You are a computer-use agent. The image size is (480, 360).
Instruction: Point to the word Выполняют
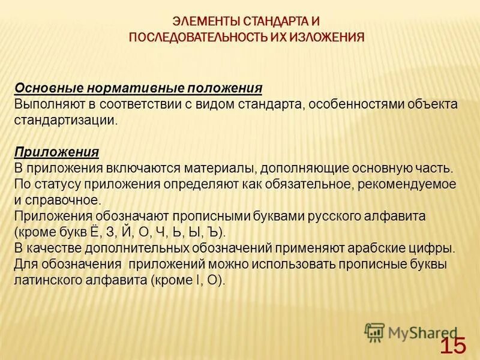[44, 104]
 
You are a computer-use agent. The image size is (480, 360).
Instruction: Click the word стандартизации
[63, 119]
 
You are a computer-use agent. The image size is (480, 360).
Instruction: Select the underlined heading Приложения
[57, 151]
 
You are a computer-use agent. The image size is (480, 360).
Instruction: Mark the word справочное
[67, 199]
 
